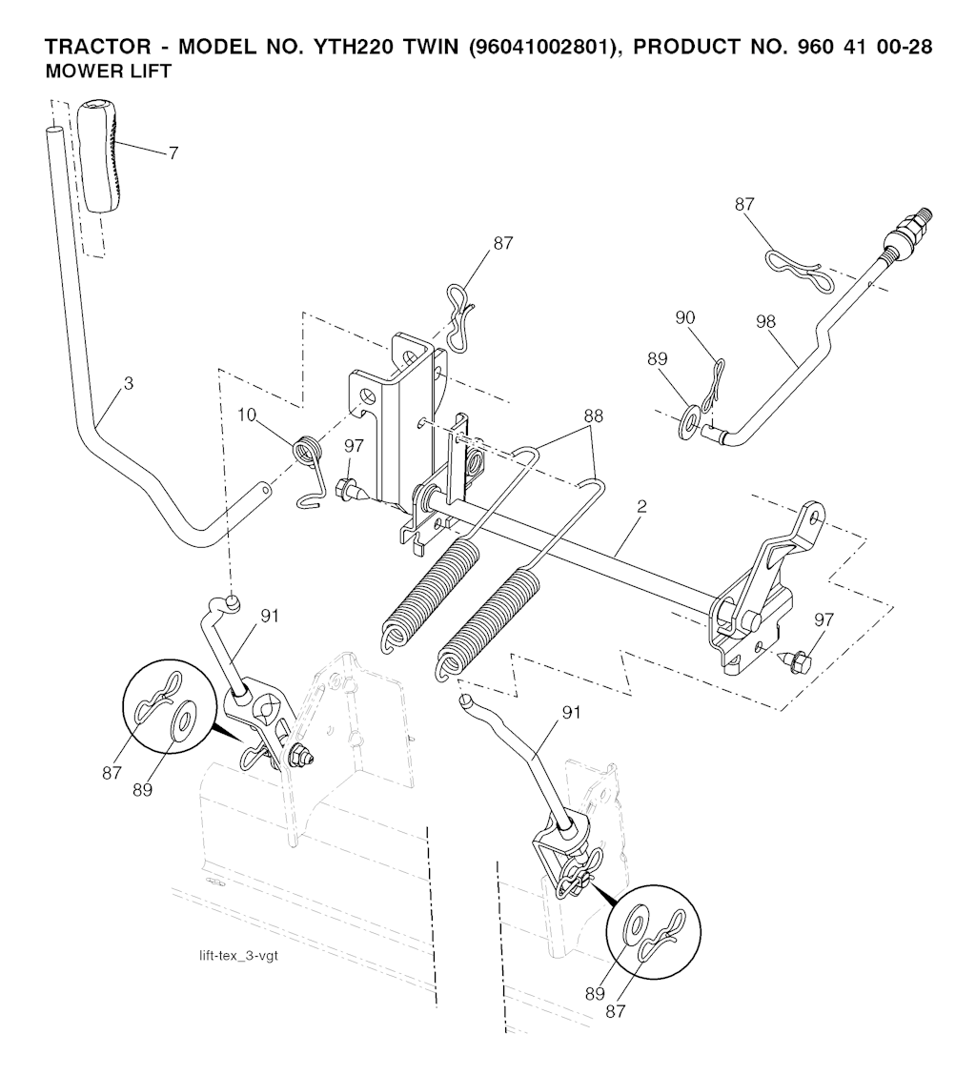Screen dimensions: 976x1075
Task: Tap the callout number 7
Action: (x=173, y=153)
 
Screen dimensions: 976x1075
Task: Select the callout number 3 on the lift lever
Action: (x=129, y=384)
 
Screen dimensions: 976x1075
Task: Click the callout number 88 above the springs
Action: (x=594, y=416)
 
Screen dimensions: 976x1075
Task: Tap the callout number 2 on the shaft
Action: (x=641, y=507)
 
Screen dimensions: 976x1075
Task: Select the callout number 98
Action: (x=765, y=321)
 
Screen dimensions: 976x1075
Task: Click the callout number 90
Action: (x=684, y=317)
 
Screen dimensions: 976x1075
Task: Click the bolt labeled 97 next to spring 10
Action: (x=353, y=490)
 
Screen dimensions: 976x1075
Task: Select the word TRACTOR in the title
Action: (x=98, y=48)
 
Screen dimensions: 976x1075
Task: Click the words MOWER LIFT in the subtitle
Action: (x=109, y=71)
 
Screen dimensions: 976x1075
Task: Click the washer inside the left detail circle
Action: (x=182, y=722)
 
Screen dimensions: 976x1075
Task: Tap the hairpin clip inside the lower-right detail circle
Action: (x=661, y=934)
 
